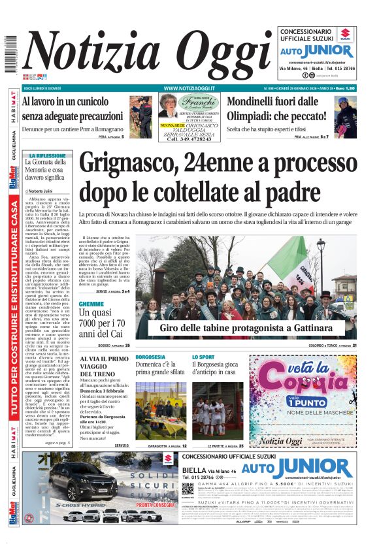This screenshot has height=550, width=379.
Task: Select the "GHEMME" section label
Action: click(91, 304)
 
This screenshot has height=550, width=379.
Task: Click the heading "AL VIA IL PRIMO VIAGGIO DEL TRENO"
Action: click(105, 366)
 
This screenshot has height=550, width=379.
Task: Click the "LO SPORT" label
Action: click(203, 357)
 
